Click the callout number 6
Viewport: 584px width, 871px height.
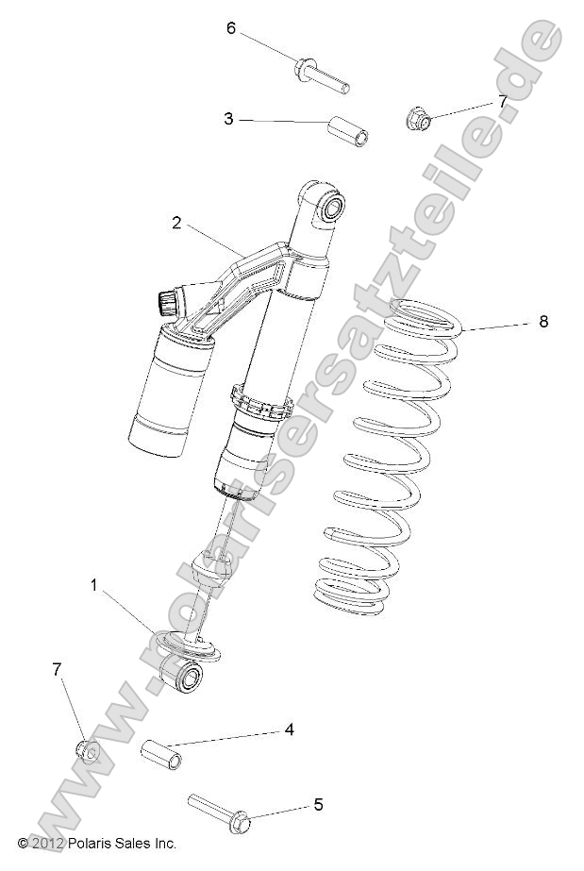(230, 28)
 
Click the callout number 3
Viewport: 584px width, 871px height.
(228, 119)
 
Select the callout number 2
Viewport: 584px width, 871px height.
(176, 223)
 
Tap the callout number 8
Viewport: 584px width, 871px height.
(542, 322)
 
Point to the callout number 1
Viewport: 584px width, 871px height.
(94, 586)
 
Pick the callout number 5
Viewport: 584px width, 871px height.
(318, 805)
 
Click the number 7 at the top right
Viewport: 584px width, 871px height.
(503, 101)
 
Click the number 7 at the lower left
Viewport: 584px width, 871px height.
(58, 669)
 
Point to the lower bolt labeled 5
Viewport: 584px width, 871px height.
(221, 810)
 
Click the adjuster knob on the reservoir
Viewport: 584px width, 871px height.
(166, 302)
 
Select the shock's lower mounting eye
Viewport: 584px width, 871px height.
(183, 676)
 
